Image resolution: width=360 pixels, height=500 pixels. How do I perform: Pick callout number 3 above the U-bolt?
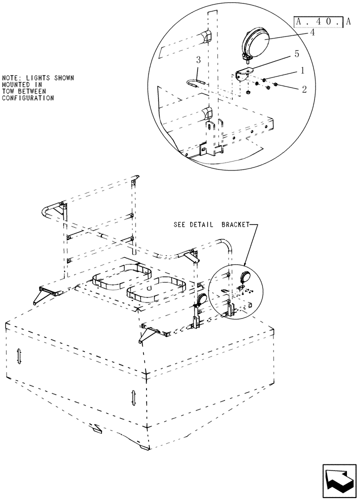(198, 60)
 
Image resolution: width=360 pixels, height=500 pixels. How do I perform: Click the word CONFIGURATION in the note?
(28, 98)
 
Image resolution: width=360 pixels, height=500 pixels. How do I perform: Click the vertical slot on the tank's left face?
(18, 356)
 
